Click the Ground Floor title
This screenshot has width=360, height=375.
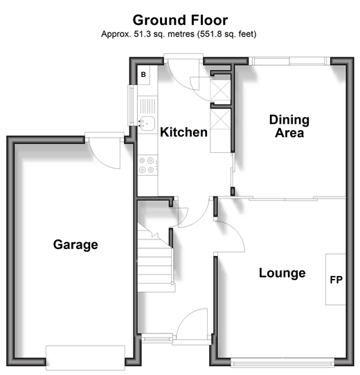tap(180, 20)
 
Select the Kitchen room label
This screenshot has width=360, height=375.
tap(183, 132)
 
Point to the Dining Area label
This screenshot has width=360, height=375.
tap(289, 126)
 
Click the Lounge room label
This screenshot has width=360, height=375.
tap(282, 273)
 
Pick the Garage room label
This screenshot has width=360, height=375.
tap(75, 244)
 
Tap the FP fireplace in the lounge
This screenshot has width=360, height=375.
tap(335, 279)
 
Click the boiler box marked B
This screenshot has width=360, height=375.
tap(143, 75)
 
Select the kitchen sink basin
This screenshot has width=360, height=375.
tap(147, 123)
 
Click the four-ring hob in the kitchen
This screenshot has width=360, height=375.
tap(147, 165)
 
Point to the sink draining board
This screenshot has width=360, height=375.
tap(147, 106)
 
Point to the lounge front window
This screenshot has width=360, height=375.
tap(282, 363)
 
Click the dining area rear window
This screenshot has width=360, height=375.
tap(289, 61)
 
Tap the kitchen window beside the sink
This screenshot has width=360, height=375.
tap(131, 105)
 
